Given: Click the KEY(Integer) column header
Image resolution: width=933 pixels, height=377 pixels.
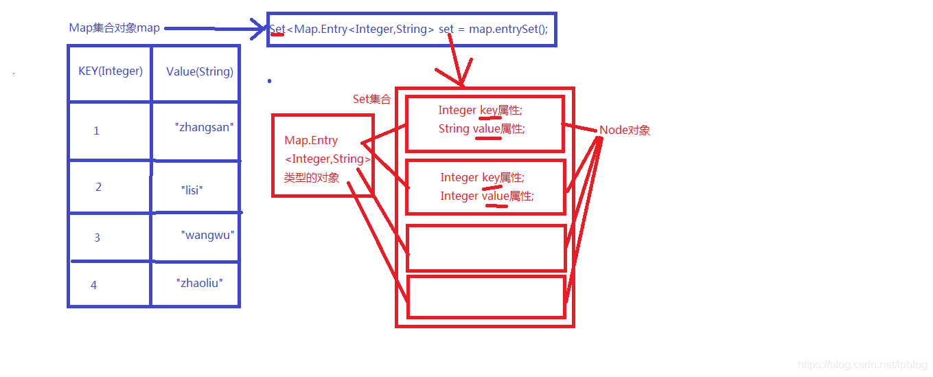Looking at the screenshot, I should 111,71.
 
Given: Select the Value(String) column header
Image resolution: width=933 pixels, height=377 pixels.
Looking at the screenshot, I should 199,71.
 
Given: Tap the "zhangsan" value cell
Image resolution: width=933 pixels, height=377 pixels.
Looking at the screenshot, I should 205,127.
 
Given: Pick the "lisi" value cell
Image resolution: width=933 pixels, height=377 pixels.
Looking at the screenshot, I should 193,190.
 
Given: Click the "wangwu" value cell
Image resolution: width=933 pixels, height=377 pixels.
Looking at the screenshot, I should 207,235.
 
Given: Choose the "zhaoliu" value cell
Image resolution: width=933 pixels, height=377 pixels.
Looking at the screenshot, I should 199,282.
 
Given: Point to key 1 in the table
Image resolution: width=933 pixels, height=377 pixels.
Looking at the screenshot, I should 96,130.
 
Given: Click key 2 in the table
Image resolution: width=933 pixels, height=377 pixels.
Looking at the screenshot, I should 98,187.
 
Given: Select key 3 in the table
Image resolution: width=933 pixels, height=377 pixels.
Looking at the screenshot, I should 97,238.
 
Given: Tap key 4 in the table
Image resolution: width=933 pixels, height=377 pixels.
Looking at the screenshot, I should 94,285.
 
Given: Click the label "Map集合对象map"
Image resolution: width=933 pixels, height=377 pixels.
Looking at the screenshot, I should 114,28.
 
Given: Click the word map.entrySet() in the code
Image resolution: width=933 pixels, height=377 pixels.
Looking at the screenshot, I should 508,30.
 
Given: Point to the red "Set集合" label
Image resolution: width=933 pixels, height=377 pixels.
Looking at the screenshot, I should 371,99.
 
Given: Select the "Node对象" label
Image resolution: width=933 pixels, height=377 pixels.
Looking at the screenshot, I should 625,130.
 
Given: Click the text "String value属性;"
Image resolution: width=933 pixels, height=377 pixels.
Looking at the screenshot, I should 481,128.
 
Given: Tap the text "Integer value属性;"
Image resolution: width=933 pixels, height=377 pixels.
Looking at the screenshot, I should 487,196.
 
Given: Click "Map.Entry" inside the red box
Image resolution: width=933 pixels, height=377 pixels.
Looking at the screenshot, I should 311,140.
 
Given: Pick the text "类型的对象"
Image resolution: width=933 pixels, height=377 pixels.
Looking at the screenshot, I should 312,177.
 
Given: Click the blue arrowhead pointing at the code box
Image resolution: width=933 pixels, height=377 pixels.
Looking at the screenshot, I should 260,29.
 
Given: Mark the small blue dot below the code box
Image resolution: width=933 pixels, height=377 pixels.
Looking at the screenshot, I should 269,81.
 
